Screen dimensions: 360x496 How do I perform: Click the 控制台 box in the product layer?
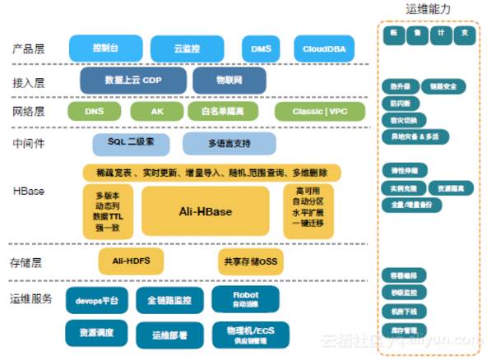(x=105, y=48)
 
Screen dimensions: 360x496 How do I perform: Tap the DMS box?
(x=260, y=48)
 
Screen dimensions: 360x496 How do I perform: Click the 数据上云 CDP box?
(x=130, y=81)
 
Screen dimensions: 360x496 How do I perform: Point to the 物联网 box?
(x=229, y=81)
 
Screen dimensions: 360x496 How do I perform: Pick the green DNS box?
(x=95, y=111)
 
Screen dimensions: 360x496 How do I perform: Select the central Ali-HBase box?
(x=206, y=212)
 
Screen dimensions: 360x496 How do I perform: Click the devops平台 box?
(x=97, y=300)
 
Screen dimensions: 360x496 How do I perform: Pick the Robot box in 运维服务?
(x=245, y=298)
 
